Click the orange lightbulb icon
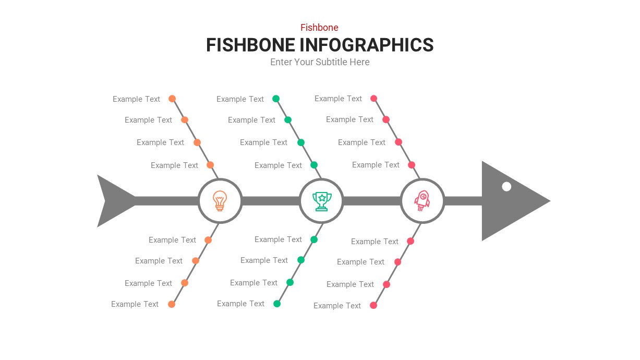click(220, 201)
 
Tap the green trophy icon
click(321, 201)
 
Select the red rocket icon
click(422, 201)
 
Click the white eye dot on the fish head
click(506, 186)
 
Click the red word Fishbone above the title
click(319, 28)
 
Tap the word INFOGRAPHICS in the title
click(367, 45)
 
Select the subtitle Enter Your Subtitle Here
click(320, 62)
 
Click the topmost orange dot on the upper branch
click(172, 99)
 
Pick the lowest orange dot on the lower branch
click(172, 304)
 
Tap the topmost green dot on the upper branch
click(276, 99)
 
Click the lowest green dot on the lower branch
click(277, 304)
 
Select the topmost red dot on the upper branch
click(373, 98)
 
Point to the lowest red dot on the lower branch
click(373, 305)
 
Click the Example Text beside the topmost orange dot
click(136, 99)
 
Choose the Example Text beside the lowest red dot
click(337, 306)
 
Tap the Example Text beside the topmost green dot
click(240, 99)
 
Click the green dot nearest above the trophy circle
click(314, 165)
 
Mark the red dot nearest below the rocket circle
click(410, 241)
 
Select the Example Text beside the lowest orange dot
click(135, 304)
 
